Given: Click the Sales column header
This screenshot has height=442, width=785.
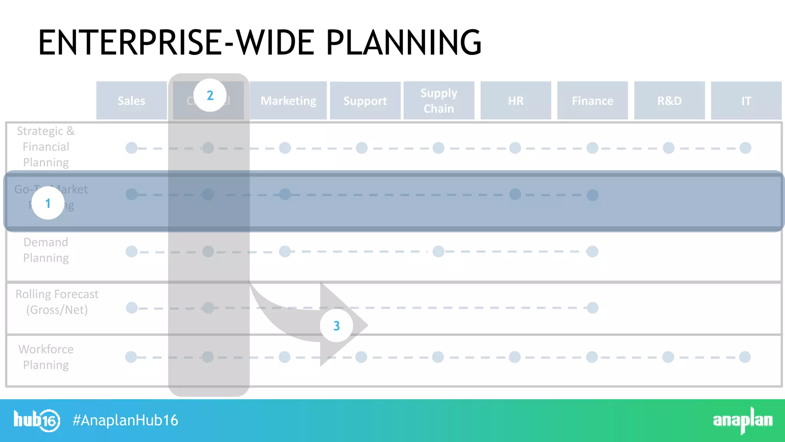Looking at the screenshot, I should pos(131,101).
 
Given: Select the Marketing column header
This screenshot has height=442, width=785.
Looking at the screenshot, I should pos(288,101).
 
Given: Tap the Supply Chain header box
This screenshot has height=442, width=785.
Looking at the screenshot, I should pos(439,101).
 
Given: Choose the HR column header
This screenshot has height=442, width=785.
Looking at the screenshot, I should pos(516,101).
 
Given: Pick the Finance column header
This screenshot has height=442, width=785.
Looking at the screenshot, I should pos(593,101).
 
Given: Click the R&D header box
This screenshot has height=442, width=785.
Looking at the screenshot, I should pos(669,101).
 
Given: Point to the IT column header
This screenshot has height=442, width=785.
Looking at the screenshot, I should pos(746,101).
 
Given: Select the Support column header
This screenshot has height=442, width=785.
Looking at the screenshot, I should pos(365,101).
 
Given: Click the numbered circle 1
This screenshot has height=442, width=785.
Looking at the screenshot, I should pos(48,203).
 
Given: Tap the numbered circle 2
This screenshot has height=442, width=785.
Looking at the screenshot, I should pos(210,95).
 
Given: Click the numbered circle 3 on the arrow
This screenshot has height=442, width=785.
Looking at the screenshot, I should pos(336,326).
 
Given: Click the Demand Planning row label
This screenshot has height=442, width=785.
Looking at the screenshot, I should pos(46,250).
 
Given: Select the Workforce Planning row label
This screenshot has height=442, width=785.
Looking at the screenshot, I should pos(46,357).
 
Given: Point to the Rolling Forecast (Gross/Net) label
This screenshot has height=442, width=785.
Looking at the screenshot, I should pos(57,302).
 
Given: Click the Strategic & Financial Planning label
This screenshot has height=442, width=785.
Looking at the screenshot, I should pos(46,147).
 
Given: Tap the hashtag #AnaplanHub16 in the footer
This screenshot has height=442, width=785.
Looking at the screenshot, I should pos(125,420).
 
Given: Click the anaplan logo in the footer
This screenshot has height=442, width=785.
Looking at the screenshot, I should pos(742,420).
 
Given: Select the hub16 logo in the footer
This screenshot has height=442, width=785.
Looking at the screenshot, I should pos(37,420).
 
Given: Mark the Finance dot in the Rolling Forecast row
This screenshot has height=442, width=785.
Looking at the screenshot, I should pos(593,308).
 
